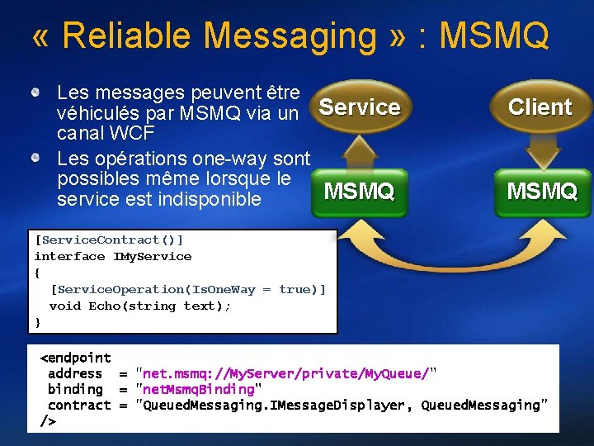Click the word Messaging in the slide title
290,36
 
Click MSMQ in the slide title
494,36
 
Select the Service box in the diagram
360,107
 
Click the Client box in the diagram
540,107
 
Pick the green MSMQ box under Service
360,192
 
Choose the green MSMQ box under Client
542,192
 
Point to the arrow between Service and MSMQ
360,150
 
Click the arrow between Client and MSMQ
542,150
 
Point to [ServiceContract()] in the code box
109,240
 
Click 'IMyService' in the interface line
152,256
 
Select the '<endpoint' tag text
76,358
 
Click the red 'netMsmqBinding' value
199,389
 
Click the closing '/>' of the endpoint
49,421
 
